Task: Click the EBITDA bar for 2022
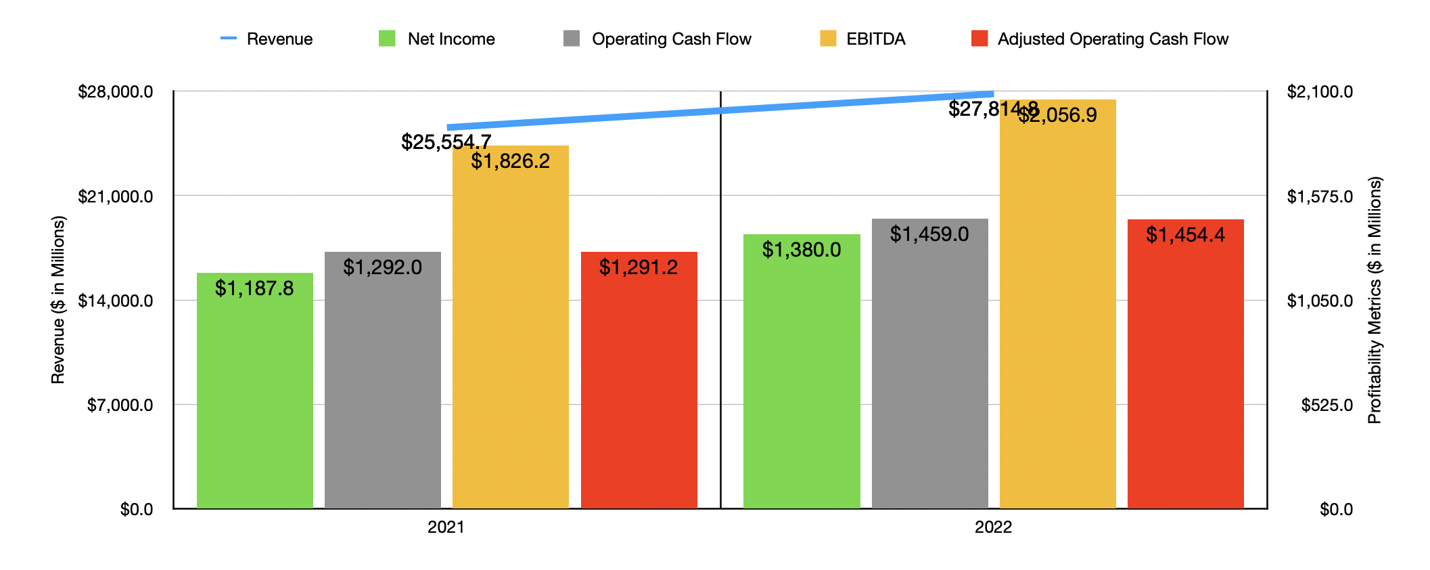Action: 1057,304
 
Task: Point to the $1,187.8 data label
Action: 254,288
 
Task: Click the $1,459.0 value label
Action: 929,234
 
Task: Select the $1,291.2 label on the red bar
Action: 638,267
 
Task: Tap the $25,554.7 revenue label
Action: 446,141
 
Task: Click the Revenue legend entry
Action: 267,39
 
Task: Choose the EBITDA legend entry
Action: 863,39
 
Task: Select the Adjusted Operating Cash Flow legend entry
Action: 1100,39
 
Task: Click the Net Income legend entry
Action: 438,39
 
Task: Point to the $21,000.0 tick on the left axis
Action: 116,196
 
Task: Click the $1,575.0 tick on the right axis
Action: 1319,196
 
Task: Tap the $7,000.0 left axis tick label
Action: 120,405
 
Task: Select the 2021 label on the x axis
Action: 446,527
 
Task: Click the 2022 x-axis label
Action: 993,527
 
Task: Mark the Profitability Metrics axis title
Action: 1375,300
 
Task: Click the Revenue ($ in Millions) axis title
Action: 58,300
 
